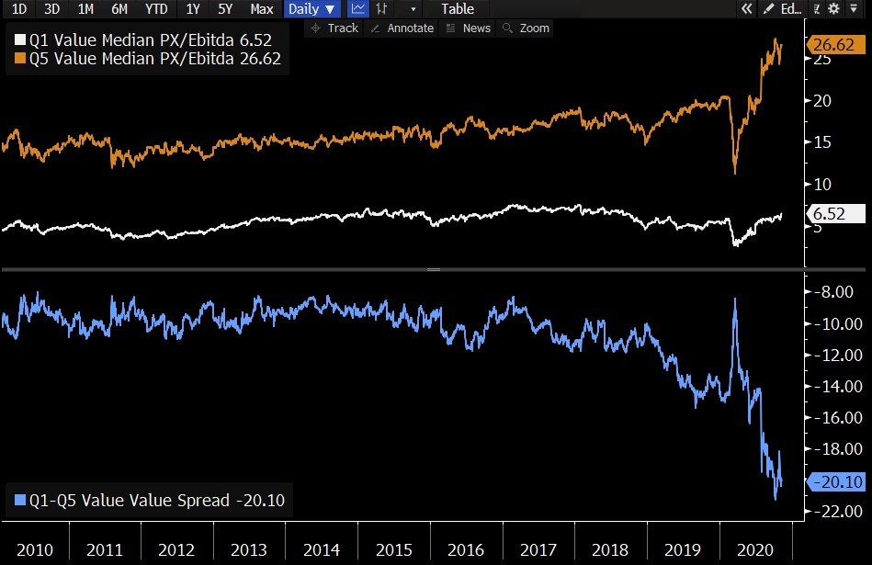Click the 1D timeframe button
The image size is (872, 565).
(x=18, y=9)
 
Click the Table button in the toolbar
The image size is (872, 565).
(x=458, y=9)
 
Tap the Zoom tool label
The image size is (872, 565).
(x=527, y=28)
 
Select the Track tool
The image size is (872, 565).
(x=334, y=28)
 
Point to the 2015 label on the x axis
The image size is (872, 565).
(x=393, y=549)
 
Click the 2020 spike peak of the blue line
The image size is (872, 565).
(x=734, y=299)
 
